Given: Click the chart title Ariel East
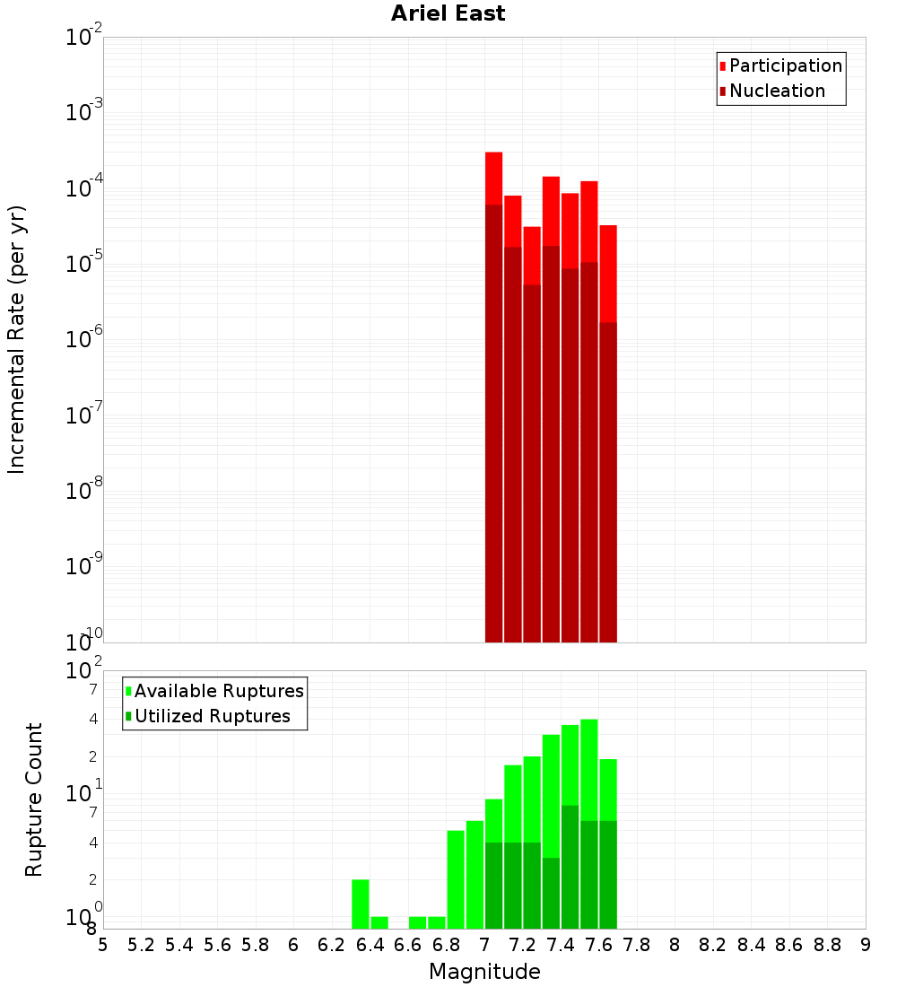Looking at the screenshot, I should point(448,13).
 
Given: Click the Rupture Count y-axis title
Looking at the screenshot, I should point(34,799).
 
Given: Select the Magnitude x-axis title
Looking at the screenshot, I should point(484,972).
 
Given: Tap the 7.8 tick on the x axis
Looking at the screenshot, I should point(637,945).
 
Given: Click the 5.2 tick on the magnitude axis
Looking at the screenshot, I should point(142,945).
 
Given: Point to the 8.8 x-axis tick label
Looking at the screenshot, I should point(827,945).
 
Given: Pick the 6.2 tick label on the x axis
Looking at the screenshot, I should point(332,945).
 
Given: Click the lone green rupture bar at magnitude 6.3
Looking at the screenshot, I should point(361,904).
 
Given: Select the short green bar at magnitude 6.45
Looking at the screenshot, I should point(379,922).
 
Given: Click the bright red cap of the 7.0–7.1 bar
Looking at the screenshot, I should point(493,178).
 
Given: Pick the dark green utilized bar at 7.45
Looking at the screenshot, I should point(570,867).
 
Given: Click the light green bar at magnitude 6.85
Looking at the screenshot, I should point(456,879).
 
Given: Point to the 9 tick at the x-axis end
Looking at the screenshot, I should point(865,945).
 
